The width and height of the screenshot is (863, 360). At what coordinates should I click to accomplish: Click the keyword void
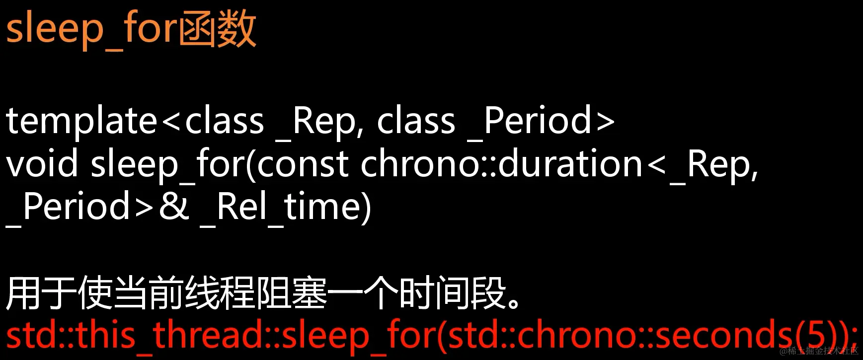pos(42,164)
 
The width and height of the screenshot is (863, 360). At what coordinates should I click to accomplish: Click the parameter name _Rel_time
pos(285,207)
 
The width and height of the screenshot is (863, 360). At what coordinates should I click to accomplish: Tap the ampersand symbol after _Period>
pos(174,207)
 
